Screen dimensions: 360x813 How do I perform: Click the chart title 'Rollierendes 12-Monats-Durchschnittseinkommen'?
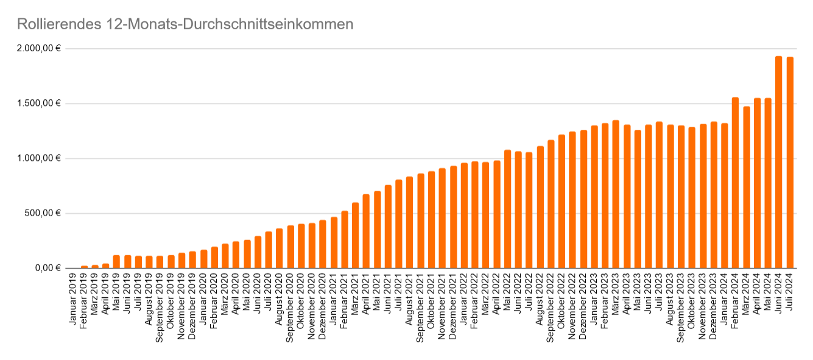185,24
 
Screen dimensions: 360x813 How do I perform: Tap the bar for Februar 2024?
735,183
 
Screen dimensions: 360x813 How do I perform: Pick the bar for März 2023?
616,194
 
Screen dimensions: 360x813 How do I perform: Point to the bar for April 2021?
366,231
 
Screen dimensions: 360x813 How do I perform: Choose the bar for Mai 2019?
116,261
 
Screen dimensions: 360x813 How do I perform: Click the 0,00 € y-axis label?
48,268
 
